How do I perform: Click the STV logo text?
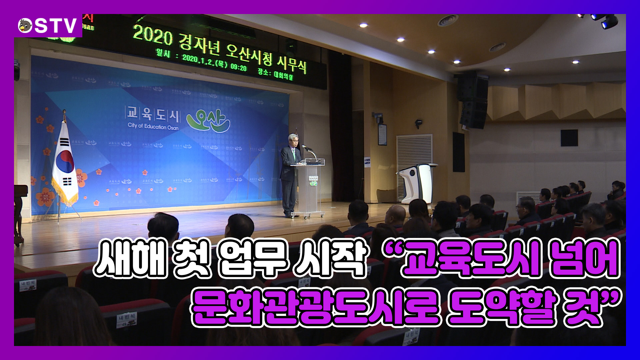coord(56,26)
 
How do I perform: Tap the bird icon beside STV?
coord(25,26)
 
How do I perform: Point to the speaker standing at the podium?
coord(289,173)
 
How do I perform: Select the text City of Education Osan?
coord(153,126)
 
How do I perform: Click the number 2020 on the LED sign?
coord(153,35)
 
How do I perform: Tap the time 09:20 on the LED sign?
coord(238,67)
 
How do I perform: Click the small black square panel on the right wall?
coord(569,138)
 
